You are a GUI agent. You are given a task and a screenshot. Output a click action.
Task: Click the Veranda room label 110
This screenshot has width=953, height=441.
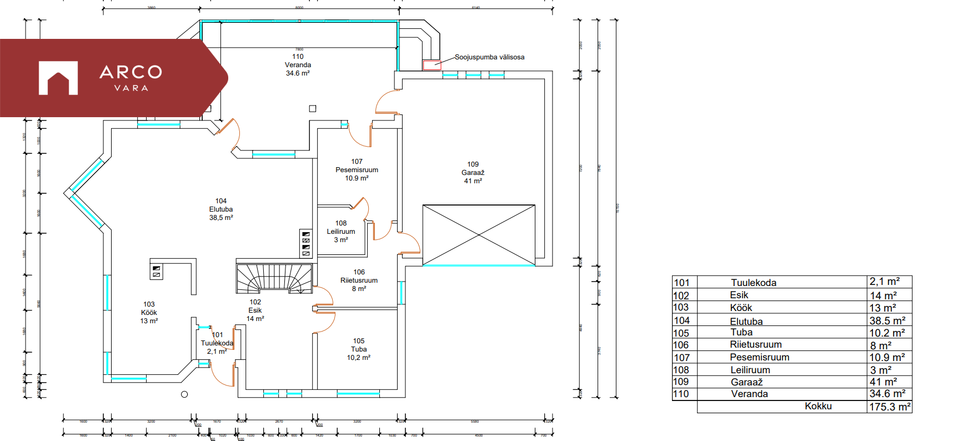point(298,64)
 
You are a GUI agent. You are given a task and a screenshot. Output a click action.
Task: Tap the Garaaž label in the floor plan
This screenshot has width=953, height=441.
point(473,173)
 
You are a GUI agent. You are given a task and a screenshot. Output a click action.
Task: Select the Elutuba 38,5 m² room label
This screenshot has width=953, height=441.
point(221,209)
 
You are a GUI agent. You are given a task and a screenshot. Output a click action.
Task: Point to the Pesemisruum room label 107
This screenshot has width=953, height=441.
point(357,170)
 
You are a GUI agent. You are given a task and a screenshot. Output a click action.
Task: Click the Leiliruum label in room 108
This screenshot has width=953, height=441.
point(340,232)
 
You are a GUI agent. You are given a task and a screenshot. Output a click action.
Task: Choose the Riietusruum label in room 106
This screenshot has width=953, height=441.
point(359,280)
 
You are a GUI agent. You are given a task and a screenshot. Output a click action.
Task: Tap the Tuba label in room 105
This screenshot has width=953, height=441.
point(359,349)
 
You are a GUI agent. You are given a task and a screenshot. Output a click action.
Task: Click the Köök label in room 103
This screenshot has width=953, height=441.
point(149,313)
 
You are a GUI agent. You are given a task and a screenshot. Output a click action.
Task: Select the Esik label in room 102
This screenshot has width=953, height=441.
point(255,310)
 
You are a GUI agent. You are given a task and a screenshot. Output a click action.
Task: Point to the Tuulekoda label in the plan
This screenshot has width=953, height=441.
point(217,343)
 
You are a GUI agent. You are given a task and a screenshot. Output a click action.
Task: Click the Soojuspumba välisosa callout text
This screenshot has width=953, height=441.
point(489,57)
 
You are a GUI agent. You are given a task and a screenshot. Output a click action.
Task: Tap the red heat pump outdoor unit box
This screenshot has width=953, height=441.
point(432,65)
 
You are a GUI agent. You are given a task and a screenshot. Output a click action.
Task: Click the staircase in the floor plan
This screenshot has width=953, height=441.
point(274,278)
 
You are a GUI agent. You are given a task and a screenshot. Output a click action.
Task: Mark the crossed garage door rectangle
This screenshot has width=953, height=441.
point(479,235)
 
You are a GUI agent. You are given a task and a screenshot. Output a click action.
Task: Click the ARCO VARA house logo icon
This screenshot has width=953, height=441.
point(58,78)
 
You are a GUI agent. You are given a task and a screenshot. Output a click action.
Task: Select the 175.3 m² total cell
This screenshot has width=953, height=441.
point(889,407)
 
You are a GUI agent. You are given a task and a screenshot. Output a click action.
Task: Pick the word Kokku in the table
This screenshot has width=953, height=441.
point(818,406)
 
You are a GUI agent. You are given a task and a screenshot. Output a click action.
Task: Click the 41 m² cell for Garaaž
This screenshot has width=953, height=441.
point(883,382)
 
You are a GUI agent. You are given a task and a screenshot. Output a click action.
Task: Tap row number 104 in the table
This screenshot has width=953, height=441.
point(681,320)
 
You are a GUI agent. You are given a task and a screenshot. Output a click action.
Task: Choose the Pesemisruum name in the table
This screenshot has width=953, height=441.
point(759,357)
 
